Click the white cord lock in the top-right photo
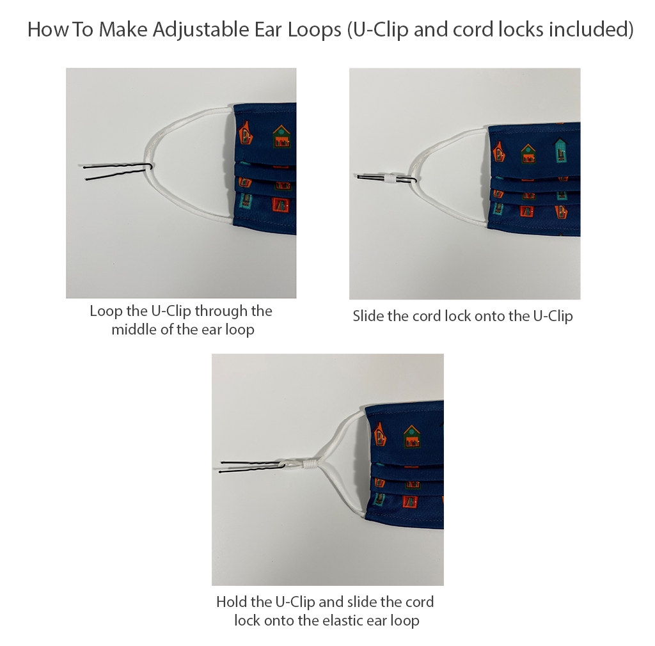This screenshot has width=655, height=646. point(390,178)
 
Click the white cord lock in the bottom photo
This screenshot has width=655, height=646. point(310,464)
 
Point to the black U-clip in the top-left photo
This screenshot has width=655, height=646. point(118,172)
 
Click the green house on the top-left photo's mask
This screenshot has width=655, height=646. point(281,137)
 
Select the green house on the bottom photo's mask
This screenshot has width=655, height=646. point(412,437)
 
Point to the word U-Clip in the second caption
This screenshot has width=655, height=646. point(553,316)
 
